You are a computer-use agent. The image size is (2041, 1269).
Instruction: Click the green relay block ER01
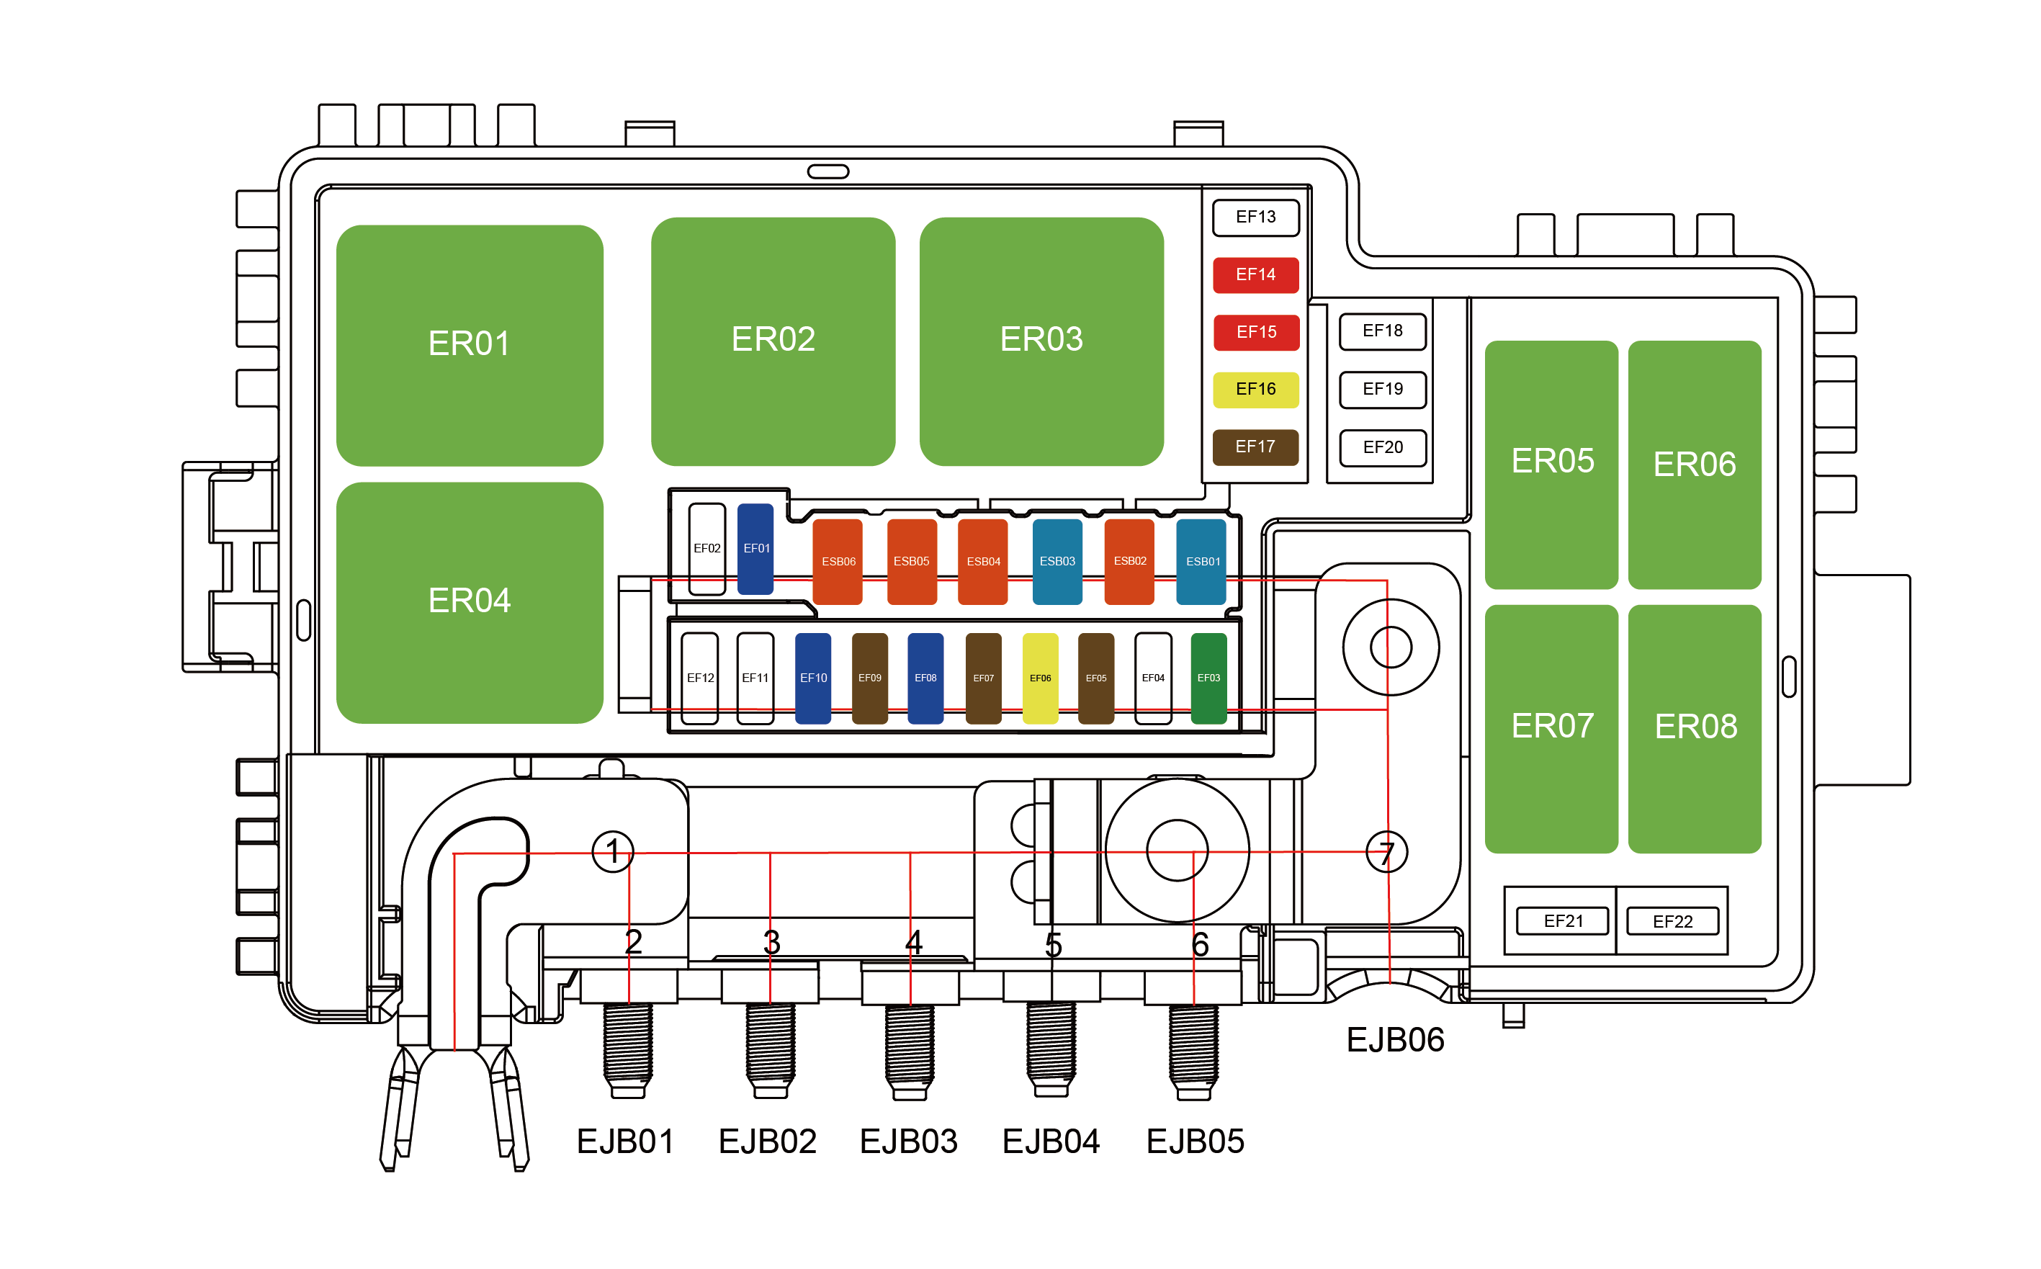(x=469, y=345)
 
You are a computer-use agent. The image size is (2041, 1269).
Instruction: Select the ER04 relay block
(x=469, y=602)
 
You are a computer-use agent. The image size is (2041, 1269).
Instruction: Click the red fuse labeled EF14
(x=1255, y=274)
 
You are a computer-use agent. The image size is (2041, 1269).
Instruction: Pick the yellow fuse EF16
(x=1255, y=390)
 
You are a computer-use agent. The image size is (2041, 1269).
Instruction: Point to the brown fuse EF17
(x=1255, y=447)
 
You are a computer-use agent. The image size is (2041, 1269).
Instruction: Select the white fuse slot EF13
(x=1255, y=218)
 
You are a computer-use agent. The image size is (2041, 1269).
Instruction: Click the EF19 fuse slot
(x=1381, y=390)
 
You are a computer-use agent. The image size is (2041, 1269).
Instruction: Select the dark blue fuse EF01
(x=755, y=548)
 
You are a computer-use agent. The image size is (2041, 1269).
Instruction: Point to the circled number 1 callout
(x=613, y=851)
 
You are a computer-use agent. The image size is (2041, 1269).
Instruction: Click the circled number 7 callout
(x=1386, y=852)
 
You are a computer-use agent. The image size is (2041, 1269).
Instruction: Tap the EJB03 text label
(x=908, y=1142)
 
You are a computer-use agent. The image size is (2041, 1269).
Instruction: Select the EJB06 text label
(x=1394, y=1040)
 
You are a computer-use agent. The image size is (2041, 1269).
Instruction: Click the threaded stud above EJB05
(x=1193, y=1045)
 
